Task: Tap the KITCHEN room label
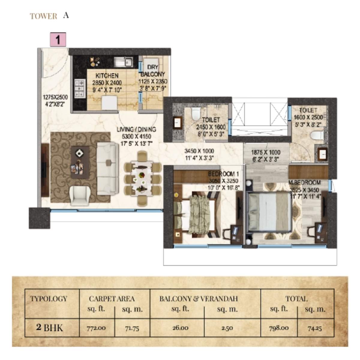tap(107, 76)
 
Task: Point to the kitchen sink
tap(124, 62)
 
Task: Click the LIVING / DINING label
tap(136, 130)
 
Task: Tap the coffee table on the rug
tap(79, 162)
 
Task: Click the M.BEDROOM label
tap(304, 182)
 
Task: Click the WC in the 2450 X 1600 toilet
tap(196, 113)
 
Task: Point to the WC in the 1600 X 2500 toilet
tap(317, 136)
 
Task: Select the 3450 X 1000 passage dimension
tap(199, 151)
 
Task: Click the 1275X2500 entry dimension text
tap(55, 97)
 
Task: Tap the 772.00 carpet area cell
tap(97, 328)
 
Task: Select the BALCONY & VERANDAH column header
tap(198, 299)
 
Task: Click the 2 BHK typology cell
tap(49, 327)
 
